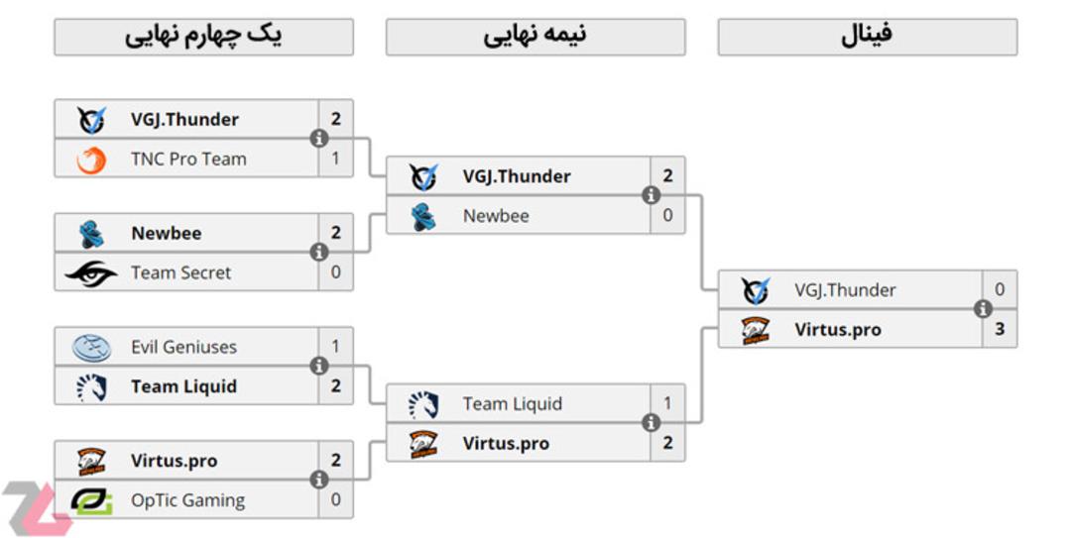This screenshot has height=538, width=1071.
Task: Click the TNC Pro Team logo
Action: pyautogui.click(x=91, y=161)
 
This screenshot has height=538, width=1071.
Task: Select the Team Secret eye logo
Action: pyautogui.click(x=91, y=273)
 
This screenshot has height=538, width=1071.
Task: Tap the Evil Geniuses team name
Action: pyautogui.click(x=183, y=347)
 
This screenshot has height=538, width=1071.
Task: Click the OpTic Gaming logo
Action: pyautogui.click(x=91, y=500)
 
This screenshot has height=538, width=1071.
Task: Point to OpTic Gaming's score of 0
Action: pyautogui.click(x=335, y=499)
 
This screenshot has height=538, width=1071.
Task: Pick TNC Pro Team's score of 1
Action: pyautogui.click(x=335, y=159)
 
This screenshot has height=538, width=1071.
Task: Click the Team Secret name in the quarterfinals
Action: pyautogui.click(x=181, y=272)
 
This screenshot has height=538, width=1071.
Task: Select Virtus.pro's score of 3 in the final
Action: pyautogui.click(x=1000, y=329)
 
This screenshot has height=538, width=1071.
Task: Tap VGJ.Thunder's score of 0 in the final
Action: pyautogui.click(x=1000, y=289)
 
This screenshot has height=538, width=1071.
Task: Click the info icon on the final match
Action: pyautogui.click(x=983, y=308)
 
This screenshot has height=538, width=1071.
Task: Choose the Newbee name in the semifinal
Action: pyautogui.click(x=496, y=216)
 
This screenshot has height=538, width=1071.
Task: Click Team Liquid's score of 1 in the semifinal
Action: pyautogui.click(x=667, y=403)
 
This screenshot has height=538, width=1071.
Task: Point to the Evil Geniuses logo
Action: pyautogui.click(x=91, y=348)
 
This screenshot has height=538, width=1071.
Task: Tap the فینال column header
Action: pyautogui.click(x=868, y=37)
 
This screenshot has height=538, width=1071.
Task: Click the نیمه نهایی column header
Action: pyautogui.click(x=535, y=37)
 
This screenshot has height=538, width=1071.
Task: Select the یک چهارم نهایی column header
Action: pyautogui.click(x=203, y=37)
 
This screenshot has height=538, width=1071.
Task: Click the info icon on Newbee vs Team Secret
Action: pyautogui.click(x=319, y=252)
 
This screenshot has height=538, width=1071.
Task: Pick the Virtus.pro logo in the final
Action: pyautogui.click(x=756, y=331)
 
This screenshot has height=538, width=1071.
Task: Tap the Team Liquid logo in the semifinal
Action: pyautogui.click(x=423, y=405)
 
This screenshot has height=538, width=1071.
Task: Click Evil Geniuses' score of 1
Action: pyautogui.click(x=335, y=346)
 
